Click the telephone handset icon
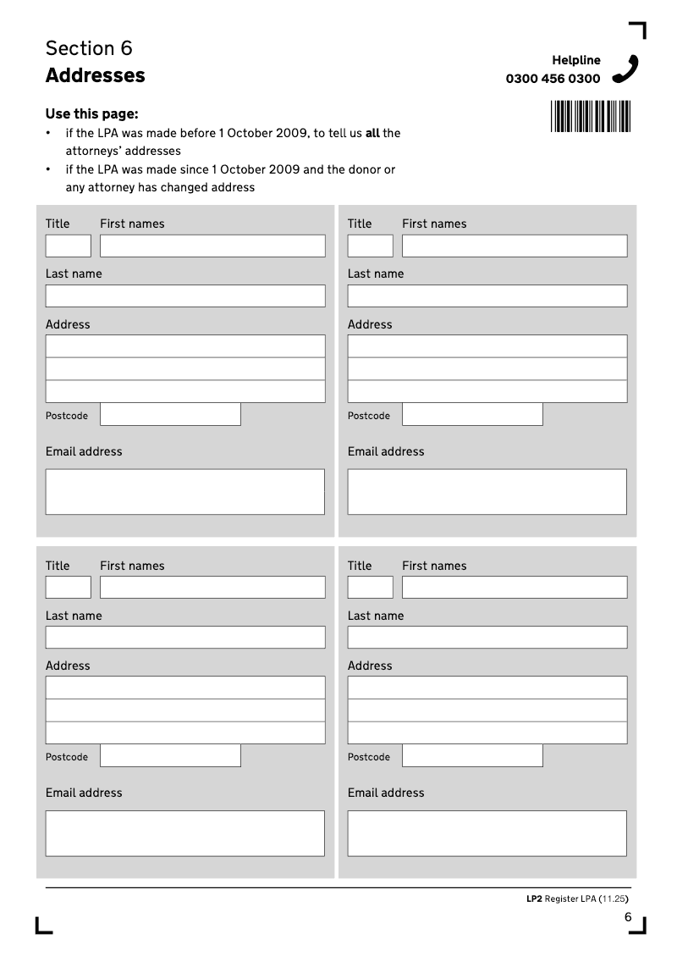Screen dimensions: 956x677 (x=625, y=69)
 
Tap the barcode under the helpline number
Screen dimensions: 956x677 (x=591, y=117)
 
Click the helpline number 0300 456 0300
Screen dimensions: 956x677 (x=553, y=79)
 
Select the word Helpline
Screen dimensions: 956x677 (x=576, y=60)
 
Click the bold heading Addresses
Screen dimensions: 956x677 (x=95, y=75)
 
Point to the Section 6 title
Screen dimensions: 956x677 (x=89, y=47)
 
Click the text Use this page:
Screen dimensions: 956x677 (x=91, y=113)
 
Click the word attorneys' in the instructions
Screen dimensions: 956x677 (x=93, y=151)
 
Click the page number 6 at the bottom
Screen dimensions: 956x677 (x=628, y=917)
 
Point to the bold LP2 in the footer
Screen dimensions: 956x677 (x=534, y=898)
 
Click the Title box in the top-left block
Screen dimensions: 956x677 (x=68, y=246)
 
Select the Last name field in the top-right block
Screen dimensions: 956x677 (x=487, y=296)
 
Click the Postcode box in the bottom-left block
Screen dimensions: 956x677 (x=170, y=755)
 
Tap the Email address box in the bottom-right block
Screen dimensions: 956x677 (x=487, y=833)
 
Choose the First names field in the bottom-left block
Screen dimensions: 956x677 (x=212, y=587)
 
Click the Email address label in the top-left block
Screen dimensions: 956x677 (x=84, y=451)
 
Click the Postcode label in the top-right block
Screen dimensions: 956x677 (x=369, y=416)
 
